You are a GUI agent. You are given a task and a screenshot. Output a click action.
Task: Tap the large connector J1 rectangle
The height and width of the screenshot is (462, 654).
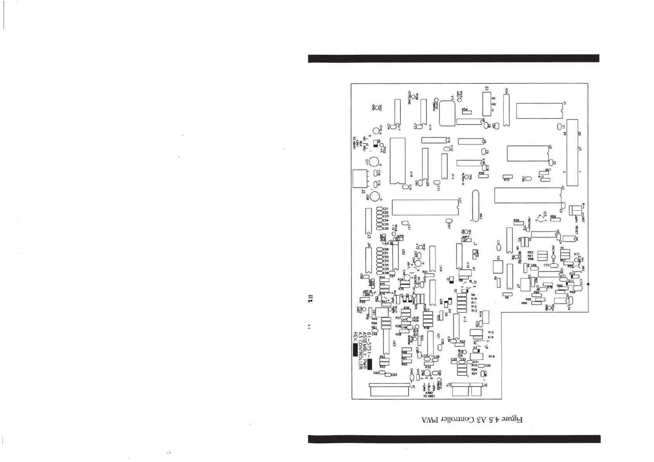572,153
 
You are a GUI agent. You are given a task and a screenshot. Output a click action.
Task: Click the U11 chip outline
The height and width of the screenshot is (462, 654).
425,207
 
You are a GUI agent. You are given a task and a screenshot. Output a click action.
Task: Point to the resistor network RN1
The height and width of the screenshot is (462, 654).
475,206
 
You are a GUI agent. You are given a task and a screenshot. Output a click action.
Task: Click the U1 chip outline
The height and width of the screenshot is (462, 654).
539,111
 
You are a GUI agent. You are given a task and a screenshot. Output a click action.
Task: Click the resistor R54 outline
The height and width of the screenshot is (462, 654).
466,112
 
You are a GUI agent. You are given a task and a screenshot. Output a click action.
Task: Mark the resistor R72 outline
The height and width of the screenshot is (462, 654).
508,177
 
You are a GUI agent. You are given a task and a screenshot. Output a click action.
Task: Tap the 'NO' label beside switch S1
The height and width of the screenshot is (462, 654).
494,104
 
